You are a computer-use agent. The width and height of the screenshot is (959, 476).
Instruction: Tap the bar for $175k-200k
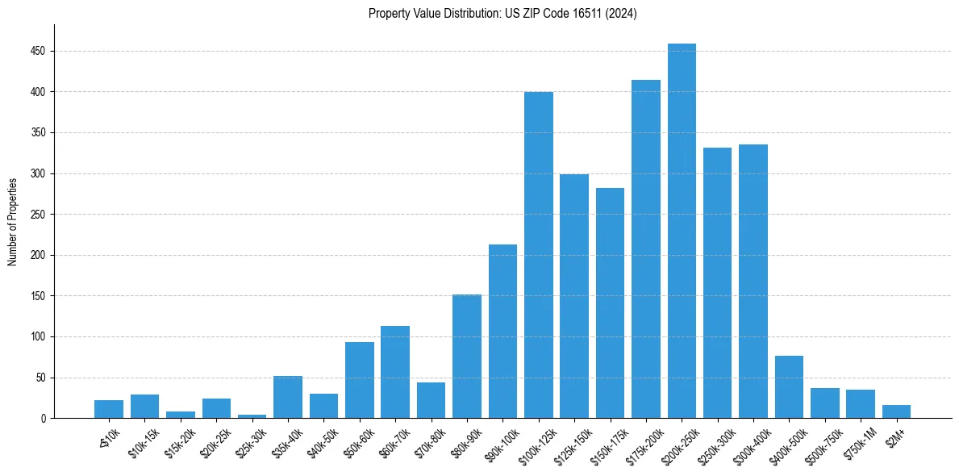(x=646, y=249)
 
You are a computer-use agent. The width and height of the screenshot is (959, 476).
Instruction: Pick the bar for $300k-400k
(x=753, y=282)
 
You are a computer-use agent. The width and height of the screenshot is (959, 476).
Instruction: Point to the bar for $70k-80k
(x=432, y=400)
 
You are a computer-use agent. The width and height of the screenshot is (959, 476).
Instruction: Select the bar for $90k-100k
(x=502, y=332)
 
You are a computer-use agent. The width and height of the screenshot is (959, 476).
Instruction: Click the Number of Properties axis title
(x=12, y=222)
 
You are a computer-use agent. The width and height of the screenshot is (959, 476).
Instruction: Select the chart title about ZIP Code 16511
(x=502, y=14)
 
